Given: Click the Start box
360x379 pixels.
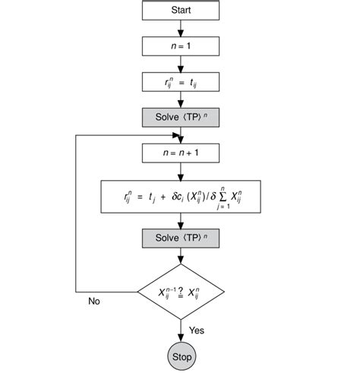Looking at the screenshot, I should click(180, 11).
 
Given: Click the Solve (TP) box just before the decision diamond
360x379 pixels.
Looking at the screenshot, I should click(180, 238).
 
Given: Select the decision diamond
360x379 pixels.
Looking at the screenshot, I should click(180, 291).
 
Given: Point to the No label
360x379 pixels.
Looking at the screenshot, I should click(94, 301).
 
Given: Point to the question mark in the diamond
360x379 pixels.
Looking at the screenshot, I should click(179, 289).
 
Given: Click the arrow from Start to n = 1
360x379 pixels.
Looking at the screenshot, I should click(180, 27).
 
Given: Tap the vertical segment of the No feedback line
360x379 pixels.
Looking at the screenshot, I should click(74, 213).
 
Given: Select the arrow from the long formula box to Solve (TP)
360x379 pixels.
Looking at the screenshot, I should click(180, 220).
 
